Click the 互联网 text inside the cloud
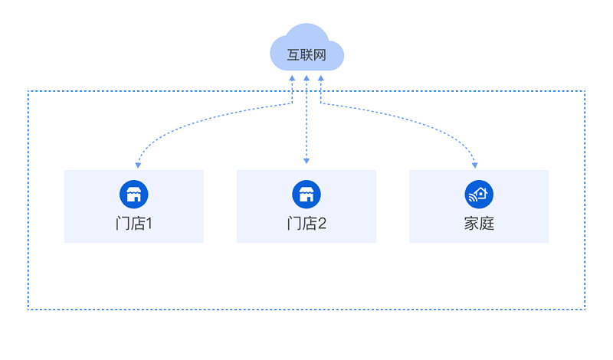[x=306, y=55]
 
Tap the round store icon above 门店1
[x=133, y=194]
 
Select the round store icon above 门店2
[x=306, y=194]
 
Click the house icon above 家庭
[x=479, y=194]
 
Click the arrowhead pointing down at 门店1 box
[x=137, y=165]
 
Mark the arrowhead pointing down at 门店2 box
[x=306, y=162]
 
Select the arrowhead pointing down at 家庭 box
[x=475, y=165]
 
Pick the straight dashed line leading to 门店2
[x=306, y=123]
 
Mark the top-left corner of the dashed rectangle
[x=28, y=91]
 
